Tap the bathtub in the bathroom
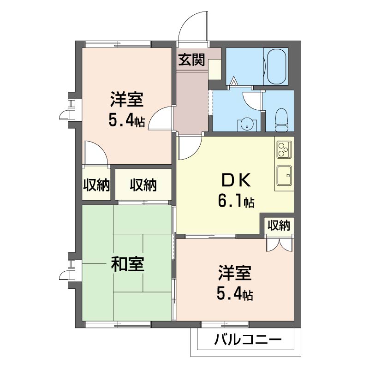click(276, 66)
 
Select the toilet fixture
click(281, 120)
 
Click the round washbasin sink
click(247, 125)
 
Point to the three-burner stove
click(284, 149)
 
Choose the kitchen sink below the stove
click(284, 175)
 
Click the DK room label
click(235, 181)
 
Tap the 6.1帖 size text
click(236, 201)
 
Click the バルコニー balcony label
click(248, 339)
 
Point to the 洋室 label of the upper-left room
click(127, 100)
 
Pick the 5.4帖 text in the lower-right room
click(235, 293)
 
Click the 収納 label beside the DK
click(279, 226)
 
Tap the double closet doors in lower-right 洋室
click(280, 245)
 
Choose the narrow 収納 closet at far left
click(96, 185)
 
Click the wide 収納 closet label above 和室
click(143, 185)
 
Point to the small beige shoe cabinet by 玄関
click(214, 70)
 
